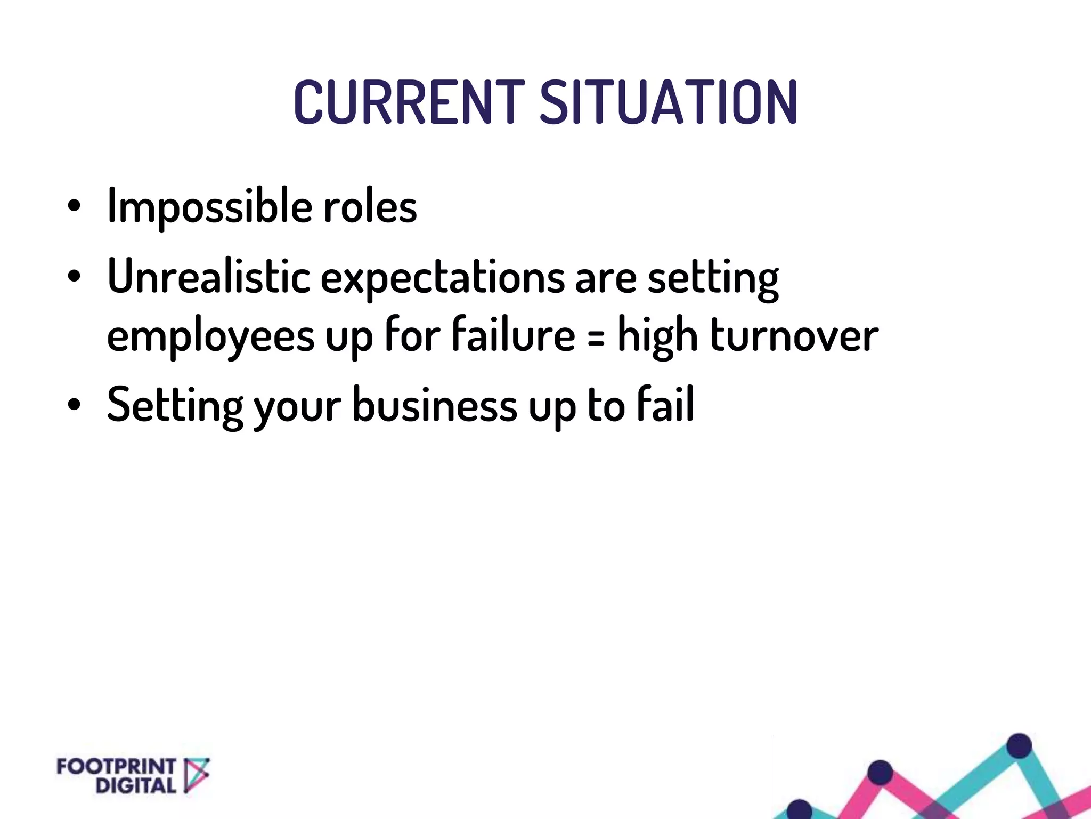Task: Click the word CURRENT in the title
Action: click(x=409, y=102)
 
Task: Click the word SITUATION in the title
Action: click(x=669, y=102)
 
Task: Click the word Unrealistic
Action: click(x=209, y=277)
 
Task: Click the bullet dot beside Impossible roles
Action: click(x=74, y=206)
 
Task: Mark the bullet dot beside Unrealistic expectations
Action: click(x=74, y=276)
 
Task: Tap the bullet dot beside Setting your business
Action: click(x=74, y=404)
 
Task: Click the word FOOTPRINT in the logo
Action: click(x=116, y=767)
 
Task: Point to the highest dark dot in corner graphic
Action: click(x=1019, y=745)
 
